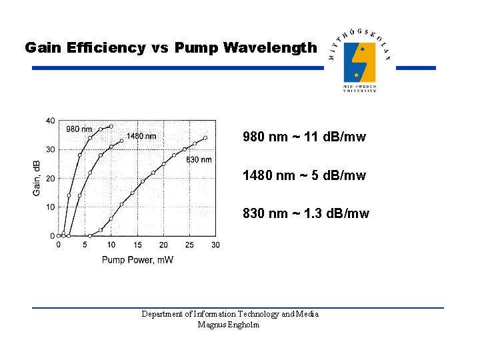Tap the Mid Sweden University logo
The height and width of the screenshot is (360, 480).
click(x=360, y=63)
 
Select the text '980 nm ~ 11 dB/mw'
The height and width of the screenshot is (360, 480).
click(x=304, y=138)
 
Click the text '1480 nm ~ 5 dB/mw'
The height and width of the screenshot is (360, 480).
click(x=304, y=176)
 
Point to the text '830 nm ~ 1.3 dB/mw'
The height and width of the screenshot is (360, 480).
click(x=306, y=214)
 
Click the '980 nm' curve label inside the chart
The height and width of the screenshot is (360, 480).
click(x=79, y=129)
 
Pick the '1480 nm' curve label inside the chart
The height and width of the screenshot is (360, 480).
click(x=141, y=137)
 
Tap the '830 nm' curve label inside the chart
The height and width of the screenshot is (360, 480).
click(x=199, y=160)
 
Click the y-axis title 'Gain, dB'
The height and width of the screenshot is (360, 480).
click(x=37, y=178)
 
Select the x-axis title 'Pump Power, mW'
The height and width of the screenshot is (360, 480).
click(x=137, y=260)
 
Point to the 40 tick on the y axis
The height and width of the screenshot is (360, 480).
click(x=51, y=121)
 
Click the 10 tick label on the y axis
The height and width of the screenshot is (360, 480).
click(x=51, y=207)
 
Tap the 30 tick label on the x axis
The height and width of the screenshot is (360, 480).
click(x=215, y=245)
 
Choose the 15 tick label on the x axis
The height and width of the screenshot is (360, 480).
click(x=137, y=245)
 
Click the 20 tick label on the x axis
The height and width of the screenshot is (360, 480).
click(x=163, y=245)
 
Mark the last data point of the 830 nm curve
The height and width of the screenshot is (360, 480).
click(x=205, y=138)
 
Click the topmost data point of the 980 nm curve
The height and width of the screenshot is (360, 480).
click(x=111, y=127)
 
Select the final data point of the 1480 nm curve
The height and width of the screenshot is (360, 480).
click(x=121, y=141)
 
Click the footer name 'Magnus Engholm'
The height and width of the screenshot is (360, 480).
click(x=229, y=325)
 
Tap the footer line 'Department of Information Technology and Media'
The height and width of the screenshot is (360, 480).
click(x=230, y=314)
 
